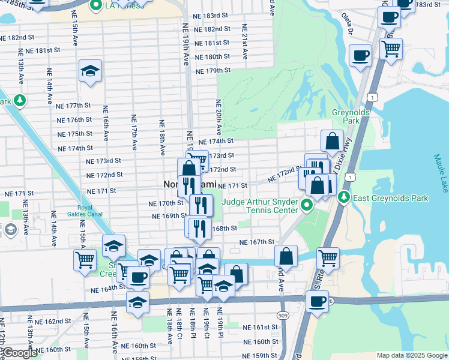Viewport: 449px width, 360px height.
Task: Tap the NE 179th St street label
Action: point(214,71)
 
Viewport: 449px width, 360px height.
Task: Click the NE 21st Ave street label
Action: point(244,42)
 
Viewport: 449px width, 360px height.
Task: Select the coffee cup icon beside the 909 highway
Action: point(316,302)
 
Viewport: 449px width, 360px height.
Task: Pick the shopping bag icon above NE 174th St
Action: point(332,142)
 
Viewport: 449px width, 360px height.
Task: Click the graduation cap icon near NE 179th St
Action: point(90,71)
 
